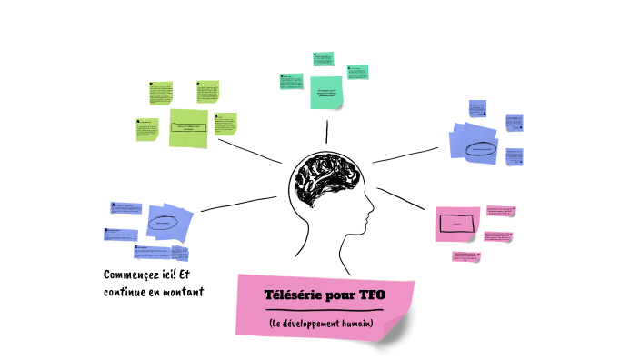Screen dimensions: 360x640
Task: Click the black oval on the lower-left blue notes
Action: click(x=163, y=222)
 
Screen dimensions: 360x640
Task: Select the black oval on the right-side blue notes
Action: click(x=481, y=148)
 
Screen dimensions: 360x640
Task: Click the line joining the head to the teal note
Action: click(x=328, y=133)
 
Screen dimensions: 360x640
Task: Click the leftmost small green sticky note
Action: click(x=146, y=130)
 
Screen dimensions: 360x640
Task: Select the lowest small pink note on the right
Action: click(x=466, y=257)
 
